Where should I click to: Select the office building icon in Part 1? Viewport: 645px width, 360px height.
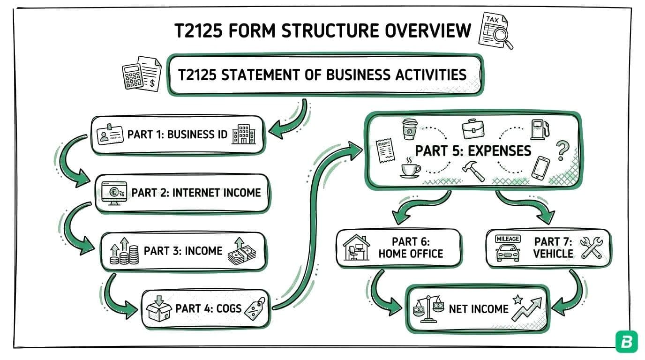pos(244,135)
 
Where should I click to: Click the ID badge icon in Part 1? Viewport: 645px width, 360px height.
pos(110,135)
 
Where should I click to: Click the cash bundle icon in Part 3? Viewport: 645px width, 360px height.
pos(242,252)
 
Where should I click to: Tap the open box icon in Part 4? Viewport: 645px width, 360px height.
pos(158,308)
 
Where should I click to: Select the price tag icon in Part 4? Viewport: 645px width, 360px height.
pos(255,308)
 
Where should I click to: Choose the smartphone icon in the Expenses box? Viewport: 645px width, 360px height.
pos(540,167)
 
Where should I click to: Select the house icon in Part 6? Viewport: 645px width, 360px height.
pos(357,247)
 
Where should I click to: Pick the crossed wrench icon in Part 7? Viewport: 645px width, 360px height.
pos(591,247)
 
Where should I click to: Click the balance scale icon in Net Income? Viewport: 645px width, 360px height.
pos(427,308)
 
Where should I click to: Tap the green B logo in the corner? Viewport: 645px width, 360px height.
pos(626,342)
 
